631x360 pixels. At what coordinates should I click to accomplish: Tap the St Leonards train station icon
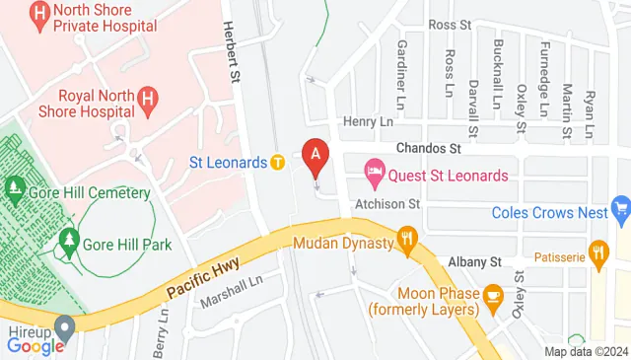[x=278, y=162]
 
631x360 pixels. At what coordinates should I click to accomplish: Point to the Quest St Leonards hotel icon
[x=375, y=176]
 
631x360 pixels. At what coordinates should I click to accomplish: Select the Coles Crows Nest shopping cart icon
[x=620, y=208]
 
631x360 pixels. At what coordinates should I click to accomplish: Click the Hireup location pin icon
[x=65, y=324]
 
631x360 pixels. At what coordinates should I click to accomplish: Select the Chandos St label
[x=428, y=149]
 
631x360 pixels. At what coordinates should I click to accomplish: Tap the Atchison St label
[x=392, y=203]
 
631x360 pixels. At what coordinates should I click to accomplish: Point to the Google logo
[x=35, y=345]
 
